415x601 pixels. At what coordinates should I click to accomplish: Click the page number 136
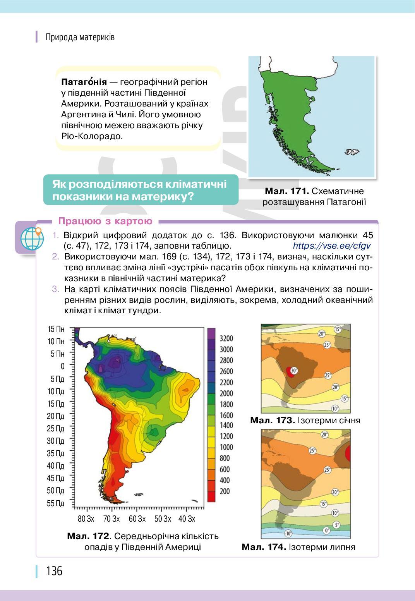tap(54, 571)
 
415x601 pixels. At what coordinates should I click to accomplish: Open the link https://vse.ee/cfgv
tap(332, 246)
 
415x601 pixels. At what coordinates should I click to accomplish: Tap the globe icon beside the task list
tap(32, 238)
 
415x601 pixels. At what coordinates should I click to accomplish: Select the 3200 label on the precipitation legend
tap(226, 338)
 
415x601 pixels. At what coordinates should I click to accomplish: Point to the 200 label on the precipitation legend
tap(225, 491)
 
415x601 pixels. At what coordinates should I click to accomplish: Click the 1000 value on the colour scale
tap(226, 447)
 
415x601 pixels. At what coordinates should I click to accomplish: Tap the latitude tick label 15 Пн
tap(56, 329)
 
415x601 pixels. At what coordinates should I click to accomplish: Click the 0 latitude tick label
tap(63, 366)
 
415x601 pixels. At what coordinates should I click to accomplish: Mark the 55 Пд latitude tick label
tap(56, 503)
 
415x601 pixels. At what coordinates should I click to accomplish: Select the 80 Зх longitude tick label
tap(86, 519)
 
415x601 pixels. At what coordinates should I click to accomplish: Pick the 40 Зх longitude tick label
tap(187, 519)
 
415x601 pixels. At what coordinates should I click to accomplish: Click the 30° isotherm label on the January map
tap(294, 371)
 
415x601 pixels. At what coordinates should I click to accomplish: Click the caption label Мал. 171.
tap(286, 191)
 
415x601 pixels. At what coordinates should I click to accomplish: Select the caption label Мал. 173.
tap(273, 421)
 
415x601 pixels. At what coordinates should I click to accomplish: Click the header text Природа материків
tap(80, 38)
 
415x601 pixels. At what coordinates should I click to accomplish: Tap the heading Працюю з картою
tap(105, 221)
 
